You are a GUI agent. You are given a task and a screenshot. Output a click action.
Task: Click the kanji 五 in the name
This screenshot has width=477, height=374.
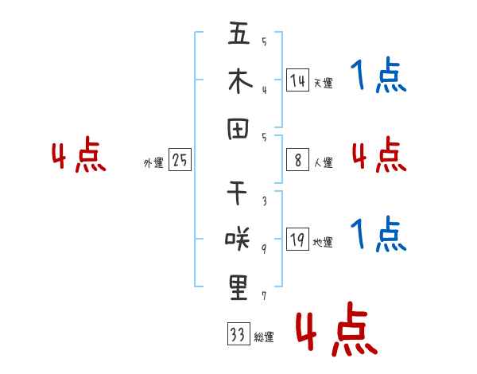(238, 33)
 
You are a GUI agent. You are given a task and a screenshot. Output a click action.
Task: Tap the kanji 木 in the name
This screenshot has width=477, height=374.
(240, 81)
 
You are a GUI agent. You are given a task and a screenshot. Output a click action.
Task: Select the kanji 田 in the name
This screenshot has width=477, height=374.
(238, 129)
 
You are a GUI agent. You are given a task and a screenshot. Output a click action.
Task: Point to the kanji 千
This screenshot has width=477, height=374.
(237, 193)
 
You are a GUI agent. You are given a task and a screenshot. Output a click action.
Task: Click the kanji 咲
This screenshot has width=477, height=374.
(238, 239)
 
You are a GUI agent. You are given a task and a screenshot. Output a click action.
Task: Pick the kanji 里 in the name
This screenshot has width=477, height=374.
(238, 288)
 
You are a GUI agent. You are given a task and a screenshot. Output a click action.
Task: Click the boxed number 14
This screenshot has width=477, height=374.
(298, 80)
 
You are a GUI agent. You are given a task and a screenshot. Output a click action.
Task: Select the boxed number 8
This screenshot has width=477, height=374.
(298, 160)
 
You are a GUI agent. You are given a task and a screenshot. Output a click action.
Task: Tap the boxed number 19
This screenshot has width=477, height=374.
(298, 239)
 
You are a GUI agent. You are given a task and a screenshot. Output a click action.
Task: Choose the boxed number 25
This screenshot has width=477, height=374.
(180, 160)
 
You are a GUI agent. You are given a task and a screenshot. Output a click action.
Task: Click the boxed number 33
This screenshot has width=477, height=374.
(238, 333)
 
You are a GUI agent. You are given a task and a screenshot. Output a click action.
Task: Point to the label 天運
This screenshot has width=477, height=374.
(324, 83)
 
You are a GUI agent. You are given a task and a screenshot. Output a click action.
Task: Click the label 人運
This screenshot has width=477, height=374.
(324, 162)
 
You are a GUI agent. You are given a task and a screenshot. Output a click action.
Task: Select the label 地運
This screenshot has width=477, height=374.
(323, 242)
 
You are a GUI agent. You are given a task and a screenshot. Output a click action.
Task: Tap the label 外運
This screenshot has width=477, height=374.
(153, 162)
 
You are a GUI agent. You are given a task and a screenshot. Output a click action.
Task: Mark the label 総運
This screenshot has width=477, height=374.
(264, 337)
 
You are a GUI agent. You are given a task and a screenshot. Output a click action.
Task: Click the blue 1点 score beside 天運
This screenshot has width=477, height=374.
(378, 75)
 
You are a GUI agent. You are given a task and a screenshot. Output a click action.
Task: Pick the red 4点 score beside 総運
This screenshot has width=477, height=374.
(336, 329)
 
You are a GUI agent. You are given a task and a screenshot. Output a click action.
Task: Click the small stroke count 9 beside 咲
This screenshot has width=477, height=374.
(264, 249)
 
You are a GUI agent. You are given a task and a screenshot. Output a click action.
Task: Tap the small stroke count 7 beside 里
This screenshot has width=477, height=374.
(264, 296)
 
